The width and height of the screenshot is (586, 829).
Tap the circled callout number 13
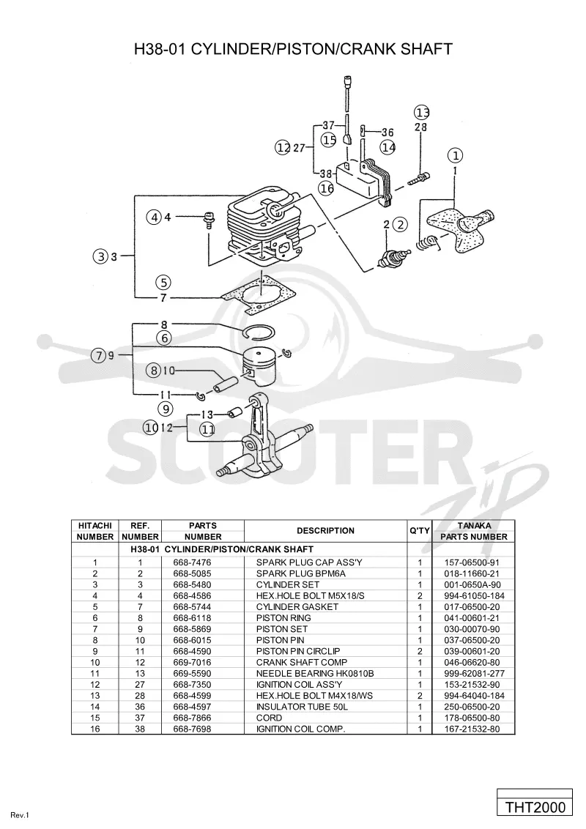pos(421,112)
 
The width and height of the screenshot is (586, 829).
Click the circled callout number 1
pos(456,155)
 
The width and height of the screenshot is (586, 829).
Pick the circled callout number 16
pos(327,187)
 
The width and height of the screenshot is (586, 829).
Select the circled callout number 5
pos(163,282)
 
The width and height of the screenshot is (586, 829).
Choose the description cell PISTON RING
pos(283,618)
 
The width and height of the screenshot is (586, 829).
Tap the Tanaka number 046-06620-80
pos(472,663)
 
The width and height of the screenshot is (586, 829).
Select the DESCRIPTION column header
pos(325,531)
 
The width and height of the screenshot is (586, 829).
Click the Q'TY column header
pos(420,531)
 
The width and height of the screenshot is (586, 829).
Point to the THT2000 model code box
pos(535,807)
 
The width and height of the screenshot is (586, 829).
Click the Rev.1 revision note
pos(20,815)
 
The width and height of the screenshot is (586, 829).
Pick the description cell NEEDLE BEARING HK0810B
pos(315,674)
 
